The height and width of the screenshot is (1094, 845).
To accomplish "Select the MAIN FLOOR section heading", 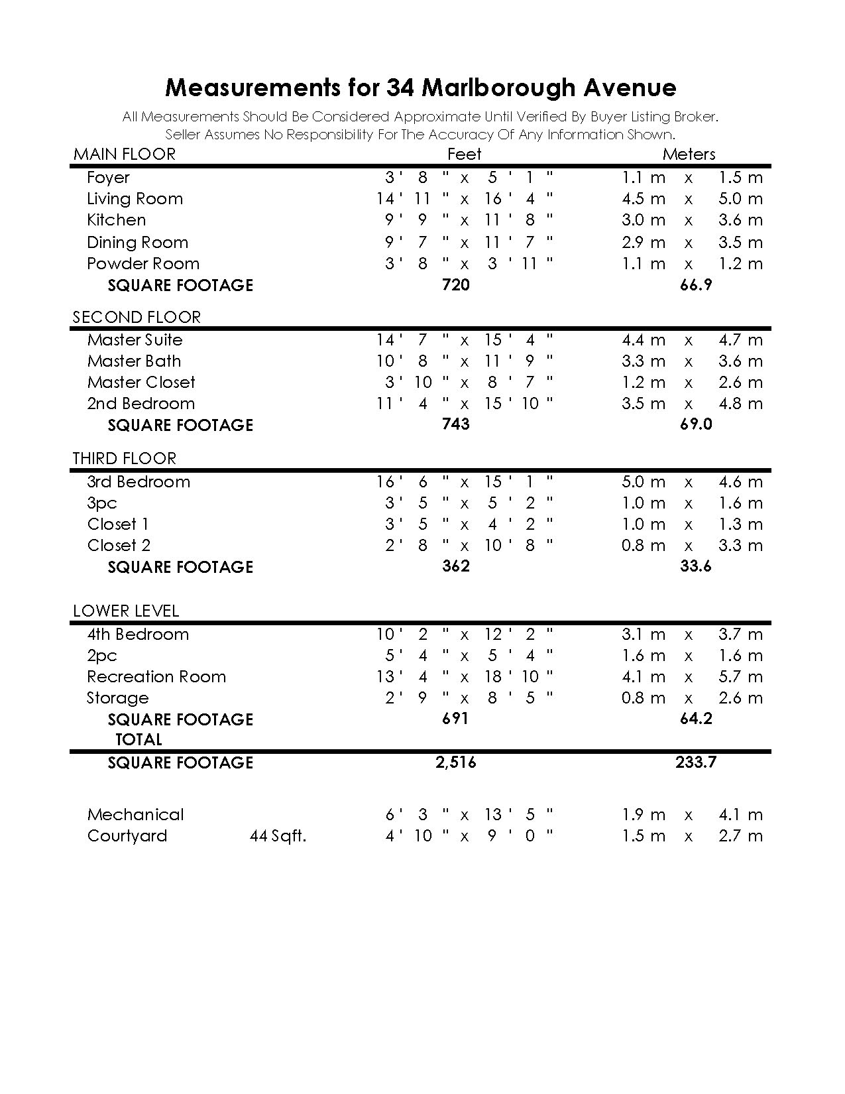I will pyautogui.click(x=125, y=154).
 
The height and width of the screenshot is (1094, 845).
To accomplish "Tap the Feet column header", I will pyautogui.click(x=464, y=154).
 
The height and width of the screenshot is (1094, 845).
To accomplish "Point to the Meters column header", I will pyautogui.click(x=689, y=154).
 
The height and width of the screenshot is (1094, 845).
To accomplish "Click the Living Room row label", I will pyautogui.click(x=135, y=199).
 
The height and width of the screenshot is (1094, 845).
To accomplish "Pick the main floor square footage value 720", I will pyautogui.click(x=456, y=285).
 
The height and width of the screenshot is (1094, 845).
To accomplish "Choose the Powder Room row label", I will pyautogui.click(x=143, y=264).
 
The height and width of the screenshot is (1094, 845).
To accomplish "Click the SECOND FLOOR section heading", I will pyautogui.click(x=137, y=317).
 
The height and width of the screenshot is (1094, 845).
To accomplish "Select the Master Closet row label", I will pyautogui.click(x=141, y=383).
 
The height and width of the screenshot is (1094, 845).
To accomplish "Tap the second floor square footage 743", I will pyautogui.click(x=456, y=424).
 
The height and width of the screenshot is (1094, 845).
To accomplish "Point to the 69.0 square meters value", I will pyautogui.click(x=696, y=424).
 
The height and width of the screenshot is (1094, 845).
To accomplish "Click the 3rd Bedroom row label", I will pyautogui.click(x=139, y=482).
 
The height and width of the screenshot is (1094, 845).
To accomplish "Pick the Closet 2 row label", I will pyautogui.click(x=119, y=546).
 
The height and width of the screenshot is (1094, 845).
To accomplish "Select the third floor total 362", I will pyautogui.click(x=456, y=566).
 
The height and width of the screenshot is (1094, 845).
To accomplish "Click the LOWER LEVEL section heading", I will pyautogui.click(x=126, y=611).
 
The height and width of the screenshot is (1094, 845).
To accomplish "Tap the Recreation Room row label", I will pyautogui.click(x=156, y=677).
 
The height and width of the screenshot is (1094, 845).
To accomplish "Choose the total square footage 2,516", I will pyautogui.click(x=456, y=762).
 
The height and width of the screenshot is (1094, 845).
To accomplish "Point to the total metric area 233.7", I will pyautogui.click(x=696, y=762).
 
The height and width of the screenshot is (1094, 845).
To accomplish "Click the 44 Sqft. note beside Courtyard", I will pyautogui.click(x=278, y=836).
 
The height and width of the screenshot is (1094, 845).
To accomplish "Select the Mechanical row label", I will pyautogui.click(x=135, y=815).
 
